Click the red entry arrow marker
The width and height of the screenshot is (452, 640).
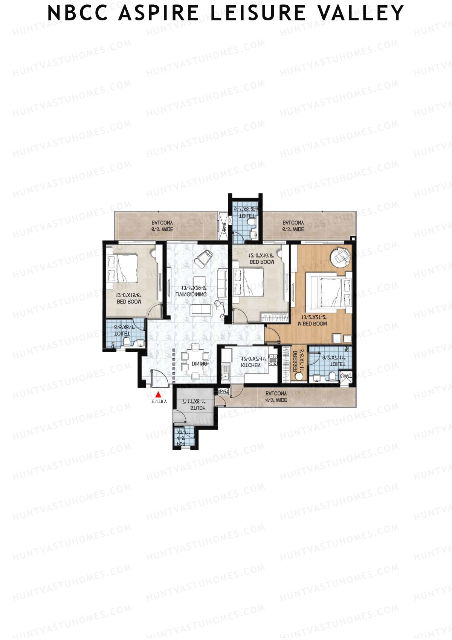pyautogui.click(x=159, y=394)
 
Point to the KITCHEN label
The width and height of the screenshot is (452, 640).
pyautogui.click(x=251, y=365)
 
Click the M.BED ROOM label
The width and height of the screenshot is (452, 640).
pyautogui.click(x=312, y=324)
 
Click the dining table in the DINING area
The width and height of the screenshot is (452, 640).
pyautogui.click(x=195, y=361)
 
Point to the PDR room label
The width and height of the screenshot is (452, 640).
pyautogui.click(x=181, y=444)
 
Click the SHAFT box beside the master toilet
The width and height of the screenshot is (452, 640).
pyautogui.click(x=346, y=376)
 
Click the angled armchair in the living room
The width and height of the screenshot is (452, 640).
pyautogui.click(x=204, y=257)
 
